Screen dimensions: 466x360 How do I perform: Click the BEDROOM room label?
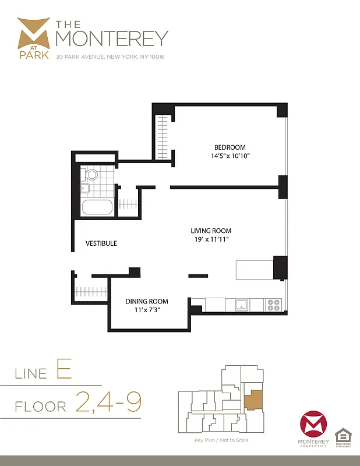(x=230, y=147)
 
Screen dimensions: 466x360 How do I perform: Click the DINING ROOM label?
(x=147, y=301)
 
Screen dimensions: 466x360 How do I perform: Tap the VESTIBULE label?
(x=101, y=243)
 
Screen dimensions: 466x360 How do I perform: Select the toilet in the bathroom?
(x=91, y=175)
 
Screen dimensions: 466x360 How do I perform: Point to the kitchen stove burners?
(x=274, y=304)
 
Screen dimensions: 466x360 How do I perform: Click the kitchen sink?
(x=241, y=304)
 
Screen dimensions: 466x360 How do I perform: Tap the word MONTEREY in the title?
(x=111, y=38)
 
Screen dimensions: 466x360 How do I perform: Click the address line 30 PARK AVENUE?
(x=111, y=57)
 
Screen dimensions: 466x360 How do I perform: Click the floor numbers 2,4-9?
(x=108, y=402)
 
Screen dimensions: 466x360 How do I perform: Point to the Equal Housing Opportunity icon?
(x=343, y=435)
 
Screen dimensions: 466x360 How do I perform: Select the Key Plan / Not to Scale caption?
(x=221, y=440)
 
